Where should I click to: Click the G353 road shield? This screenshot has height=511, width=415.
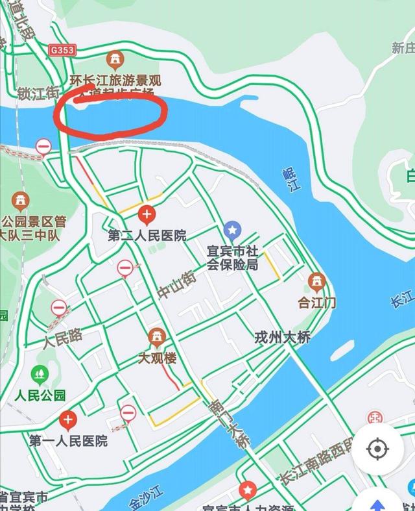[62, 49]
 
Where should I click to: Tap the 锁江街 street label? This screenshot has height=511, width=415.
[39, 93]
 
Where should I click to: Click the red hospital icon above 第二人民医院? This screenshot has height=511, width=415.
[148, 213]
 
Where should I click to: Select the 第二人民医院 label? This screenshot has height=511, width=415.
[148, 235]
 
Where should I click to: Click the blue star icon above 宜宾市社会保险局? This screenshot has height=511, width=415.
[232, 229]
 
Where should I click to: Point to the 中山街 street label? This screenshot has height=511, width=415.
[176, 286]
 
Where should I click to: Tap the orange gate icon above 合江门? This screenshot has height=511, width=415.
[316, 282]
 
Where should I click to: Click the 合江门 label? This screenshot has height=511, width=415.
[316, 302]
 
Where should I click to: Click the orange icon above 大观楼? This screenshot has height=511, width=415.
[156, 337]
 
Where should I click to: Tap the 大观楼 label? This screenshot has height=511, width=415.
[156, 358]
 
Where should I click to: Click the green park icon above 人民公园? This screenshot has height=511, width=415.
[40, 374]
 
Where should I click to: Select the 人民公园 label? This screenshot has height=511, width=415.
[40, 395]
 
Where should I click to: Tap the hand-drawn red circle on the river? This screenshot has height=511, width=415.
[109, 112]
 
